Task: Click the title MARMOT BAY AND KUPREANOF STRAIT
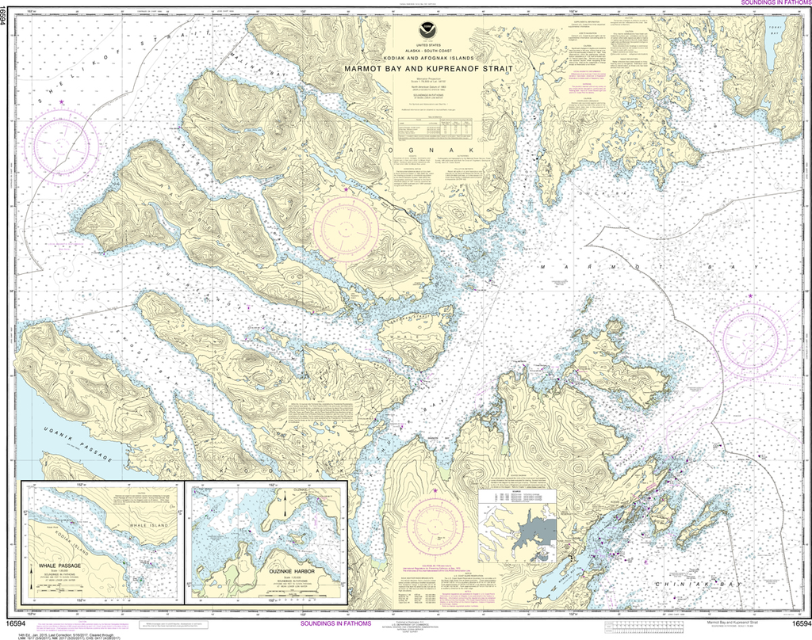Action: [428, 69]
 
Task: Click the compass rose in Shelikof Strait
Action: [61, 146]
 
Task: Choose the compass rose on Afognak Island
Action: [346, 226]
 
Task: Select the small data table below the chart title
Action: [435, 127]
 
